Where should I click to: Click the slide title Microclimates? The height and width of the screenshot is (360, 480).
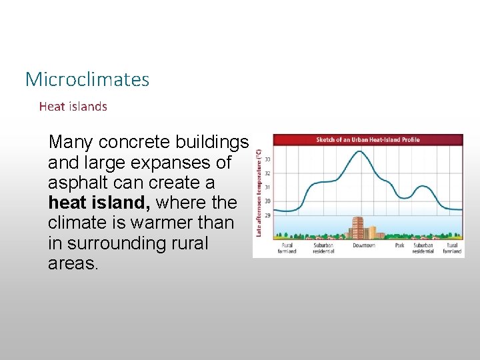point(87,79)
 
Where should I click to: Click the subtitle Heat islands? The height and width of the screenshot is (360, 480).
point(73,106)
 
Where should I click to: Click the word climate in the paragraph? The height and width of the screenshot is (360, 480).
point(74,223)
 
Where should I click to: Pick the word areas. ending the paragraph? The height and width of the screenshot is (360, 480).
point(73,263)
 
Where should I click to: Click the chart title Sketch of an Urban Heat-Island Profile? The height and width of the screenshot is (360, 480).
point(367,140)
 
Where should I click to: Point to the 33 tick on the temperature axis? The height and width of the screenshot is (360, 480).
point(267,159)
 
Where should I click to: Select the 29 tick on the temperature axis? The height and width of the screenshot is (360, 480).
point(267,215)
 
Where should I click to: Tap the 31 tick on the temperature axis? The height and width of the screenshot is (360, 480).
point(267,187)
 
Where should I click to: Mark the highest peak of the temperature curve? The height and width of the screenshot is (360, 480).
point(360,151)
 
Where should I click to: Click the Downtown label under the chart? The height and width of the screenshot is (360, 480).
point(364,245)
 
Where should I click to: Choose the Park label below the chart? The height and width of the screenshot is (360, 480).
point(399,245)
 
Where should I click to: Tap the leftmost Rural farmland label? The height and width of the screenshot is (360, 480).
point(287,248)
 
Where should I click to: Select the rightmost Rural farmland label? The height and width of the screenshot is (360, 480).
point(452,248)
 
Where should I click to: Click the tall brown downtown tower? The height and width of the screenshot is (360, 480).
point(357,228)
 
